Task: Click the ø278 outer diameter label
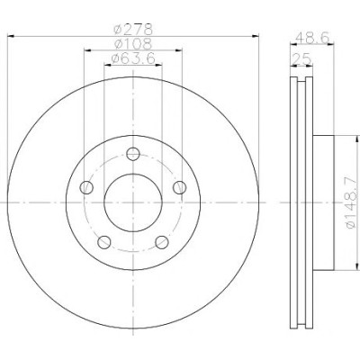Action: (x=133, y=30)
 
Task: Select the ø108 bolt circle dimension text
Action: (x=133, y=44)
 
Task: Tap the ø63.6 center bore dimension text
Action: (x=133, y=58)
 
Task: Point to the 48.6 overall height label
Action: (x=312, y=38)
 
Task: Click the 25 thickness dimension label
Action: (x=301, y=59)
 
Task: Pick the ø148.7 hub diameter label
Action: (x=351, y=202)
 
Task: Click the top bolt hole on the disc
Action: (x=133, y=154)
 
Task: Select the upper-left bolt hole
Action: (x=86, y=188)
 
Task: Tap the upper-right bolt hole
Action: (x=180, y=188)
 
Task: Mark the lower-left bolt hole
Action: (x=104, y=242)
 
